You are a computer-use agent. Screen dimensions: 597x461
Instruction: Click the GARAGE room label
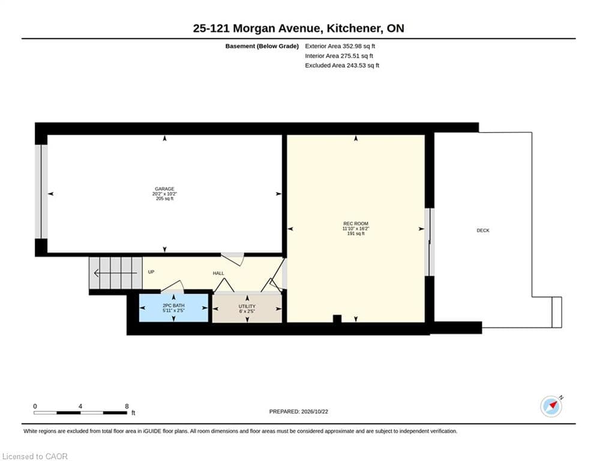164,189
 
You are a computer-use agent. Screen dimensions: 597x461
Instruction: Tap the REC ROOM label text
356,224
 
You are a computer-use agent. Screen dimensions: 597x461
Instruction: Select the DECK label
483,230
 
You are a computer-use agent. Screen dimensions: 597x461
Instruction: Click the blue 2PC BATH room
173,308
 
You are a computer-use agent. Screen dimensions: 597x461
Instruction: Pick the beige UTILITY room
247,309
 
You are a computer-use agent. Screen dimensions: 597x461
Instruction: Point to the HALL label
218,273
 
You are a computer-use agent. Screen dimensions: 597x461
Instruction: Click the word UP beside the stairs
151,272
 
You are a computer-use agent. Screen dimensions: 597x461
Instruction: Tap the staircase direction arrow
115,273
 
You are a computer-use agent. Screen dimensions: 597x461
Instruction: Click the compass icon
551,406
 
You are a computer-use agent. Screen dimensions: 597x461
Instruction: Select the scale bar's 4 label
80,406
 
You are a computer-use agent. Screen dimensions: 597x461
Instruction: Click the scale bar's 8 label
127,406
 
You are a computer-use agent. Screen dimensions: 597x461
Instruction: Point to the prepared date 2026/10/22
314,411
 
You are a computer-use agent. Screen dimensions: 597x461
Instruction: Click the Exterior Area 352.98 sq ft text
340,46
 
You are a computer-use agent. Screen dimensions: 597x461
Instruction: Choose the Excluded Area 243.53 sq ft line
342,65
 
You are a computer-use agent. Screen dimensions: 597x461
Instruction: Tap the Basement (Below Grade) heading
262,46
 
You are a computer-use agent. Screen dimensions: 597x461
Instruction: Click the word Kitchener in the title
354,28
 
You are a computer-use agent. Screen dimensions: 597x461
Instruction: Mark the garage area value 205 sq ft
164,199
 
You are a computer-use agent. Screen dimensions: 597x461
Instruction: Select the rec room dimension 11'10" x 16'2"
356,229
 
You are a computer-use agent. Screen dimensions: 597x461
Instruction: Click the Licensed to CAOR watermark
35,456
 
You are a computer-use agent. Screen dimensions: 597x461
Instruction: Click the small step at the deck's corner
557,312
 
